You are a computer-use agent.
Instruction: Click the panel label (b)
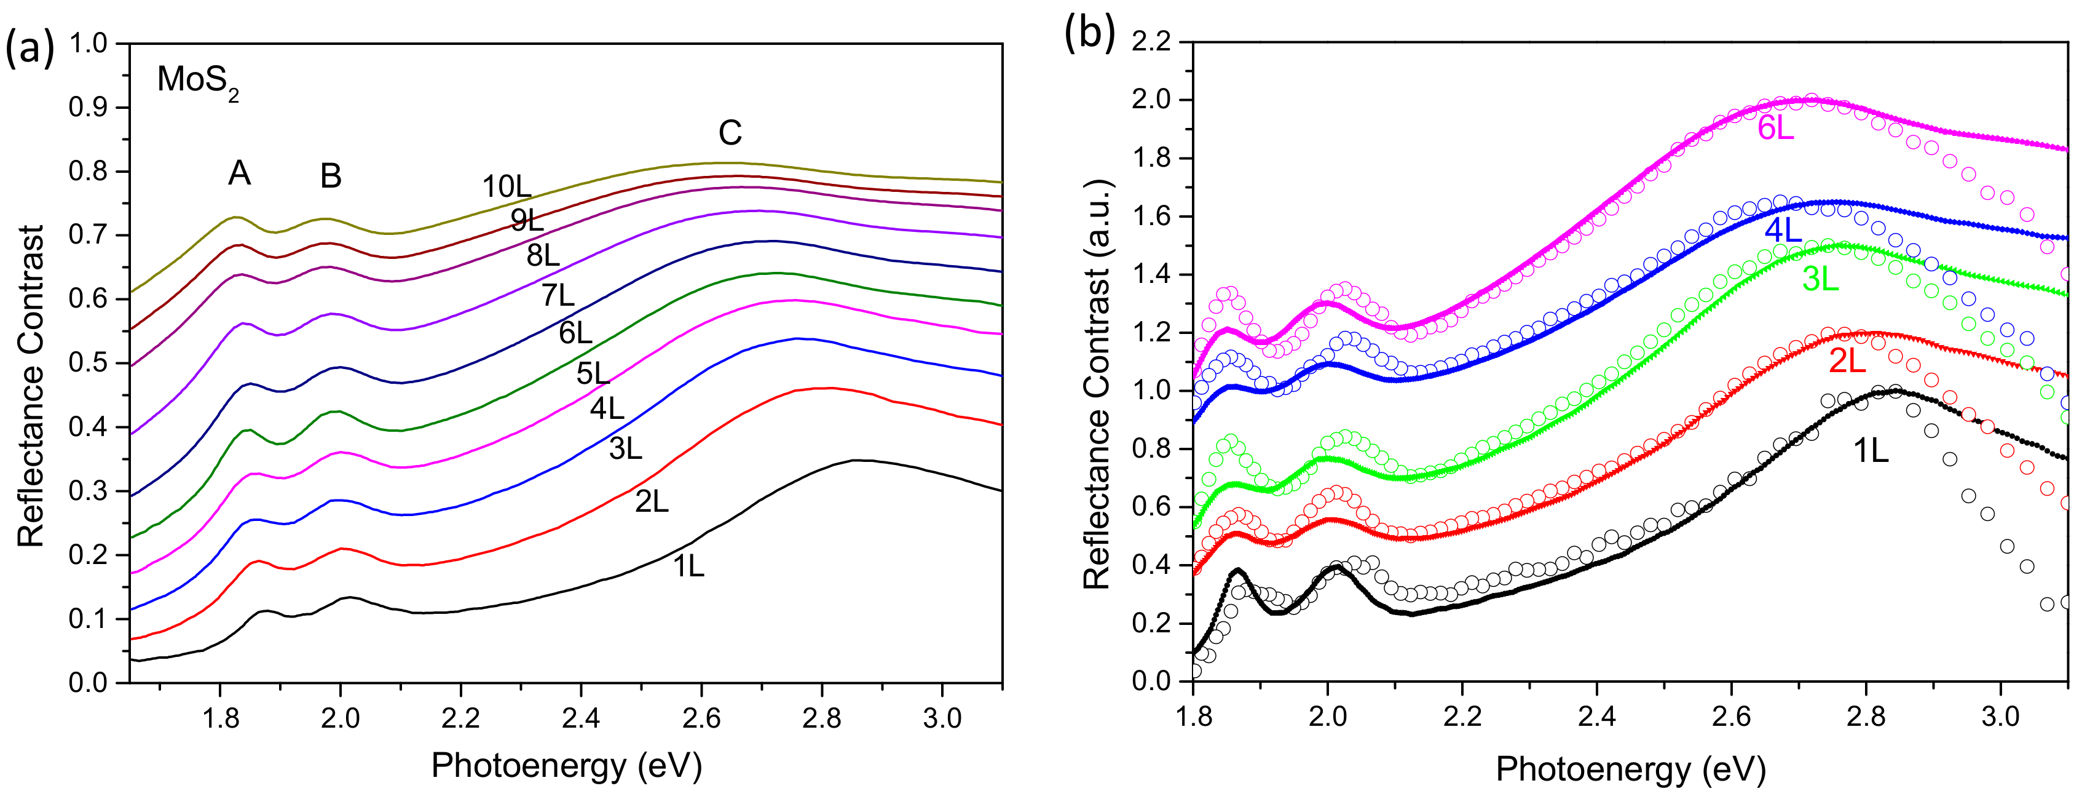1089,34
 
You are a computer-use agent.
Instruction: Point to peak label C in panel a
730,133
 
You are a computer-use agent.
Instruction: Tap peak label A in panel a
239,173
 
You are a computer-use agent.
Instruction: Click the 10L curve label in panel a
507,188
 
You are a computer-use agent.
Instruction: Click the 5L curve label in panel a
593,373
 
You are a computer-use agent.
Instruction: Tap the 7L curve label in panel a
557,296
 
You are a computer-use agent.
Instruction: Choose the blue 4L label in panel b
1783,231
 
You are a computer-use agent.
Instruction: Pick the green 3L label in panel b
1821,280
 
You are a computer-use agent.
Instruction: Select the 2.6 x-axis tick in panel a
701,719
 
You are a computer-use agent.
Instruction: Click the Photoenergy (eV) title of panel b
1630,769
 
